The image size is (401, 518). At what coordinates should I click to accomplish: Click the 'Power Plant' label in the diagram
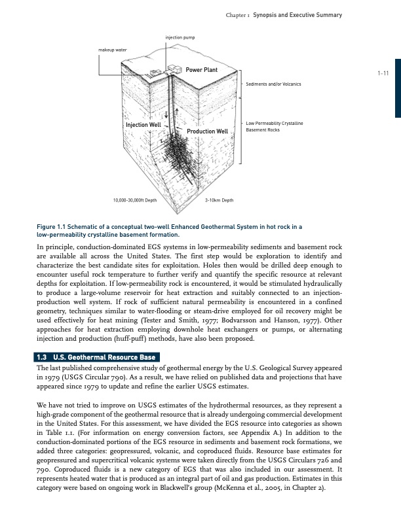coord(201,69)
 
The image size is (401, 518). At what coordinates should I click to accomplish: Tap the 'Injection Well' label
coord(143,124)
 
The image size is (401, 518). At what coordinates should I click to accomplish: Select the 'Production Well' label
coord(207,131)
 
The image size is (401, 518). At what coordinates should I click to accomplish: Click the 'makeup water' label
coord(112,50)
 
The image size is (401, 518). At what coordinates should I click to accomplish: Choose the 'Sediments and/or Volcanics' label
coord(273,84)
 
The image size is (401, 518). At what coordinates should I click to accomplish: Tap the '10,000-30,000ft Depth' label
coord(134,199)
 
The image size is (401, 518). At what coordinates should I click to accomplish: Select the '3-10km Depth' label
coord(219,199)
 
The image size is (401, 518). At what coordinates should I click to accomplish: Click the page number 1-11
coord(383,73)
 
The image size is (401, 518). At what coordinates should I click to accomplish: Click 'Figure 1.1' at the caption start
coord(53,226)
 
